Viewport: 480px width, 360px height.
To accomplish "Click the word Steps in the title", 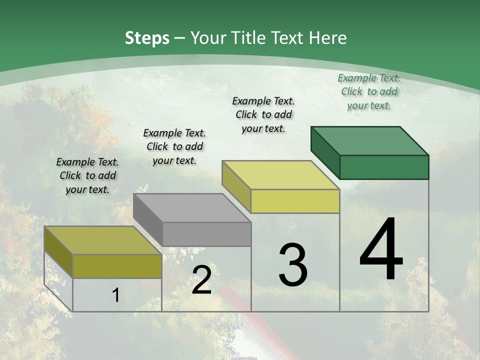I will tap(146, 38).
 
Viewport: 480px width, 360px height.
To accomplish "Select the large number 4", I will tap(381, 250).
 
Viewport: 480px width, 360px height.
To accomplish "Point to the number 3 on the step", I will tap(292, 265).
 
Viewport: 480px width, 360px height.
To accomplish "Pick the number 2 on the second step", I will tap(201, 280).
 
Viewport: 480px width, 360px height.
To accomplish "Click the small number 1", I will tap(115, 295).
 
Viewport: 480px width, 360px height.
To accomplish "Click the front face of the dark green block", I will tap(384, 167).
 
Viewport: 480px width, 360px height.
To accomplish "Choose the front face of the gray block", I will tap(206, 234).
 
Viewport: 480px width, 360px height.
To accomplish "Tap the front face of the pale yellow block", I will tap(295, 201).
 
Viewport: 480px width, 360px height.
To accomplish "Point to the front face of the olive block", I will tap(117, 266).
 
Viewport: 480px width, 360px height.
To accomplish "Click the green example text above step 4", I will tap(369, 91).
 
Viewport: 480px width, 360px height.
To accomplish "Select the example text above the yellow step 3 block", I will tap(263, 114).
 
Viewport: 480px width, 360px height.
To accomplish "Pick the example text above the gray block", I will tap(174, 146).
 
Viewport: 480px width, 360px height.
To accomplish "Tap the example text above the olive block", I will tap(87, 175).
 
